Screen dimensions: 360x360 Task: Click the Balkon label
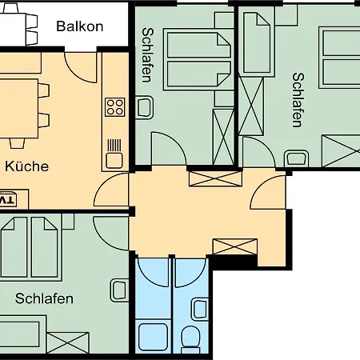pos(79,26)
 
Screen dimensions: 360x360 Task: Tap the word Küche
pos(26,166)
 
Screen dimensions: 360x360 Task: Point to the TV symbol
pos(7,199)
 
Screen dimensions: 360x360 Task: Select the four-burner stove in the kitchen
pos(114,106)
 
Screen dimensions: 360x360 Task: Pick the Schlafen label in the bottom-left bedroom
pos(44,299)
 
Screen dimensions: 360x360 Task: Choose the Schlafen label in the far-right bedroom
pos(297,100)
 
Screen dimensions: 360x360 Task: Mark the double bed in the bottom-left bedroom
pos(32,248)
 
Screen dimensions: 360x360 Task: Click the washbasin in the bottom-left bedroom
pos(119,290)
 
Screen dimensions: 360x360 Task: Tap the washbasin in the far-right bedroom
pos(296,157)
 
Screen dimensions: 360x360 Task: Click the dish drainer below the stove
pos(114,146)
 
